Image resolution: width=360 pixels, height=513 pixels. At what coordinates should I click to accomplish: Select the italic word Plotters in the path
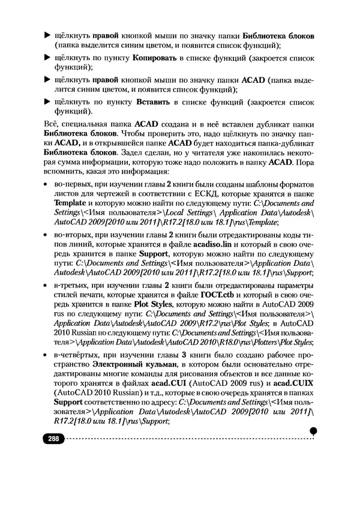[x=259, y=342]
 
